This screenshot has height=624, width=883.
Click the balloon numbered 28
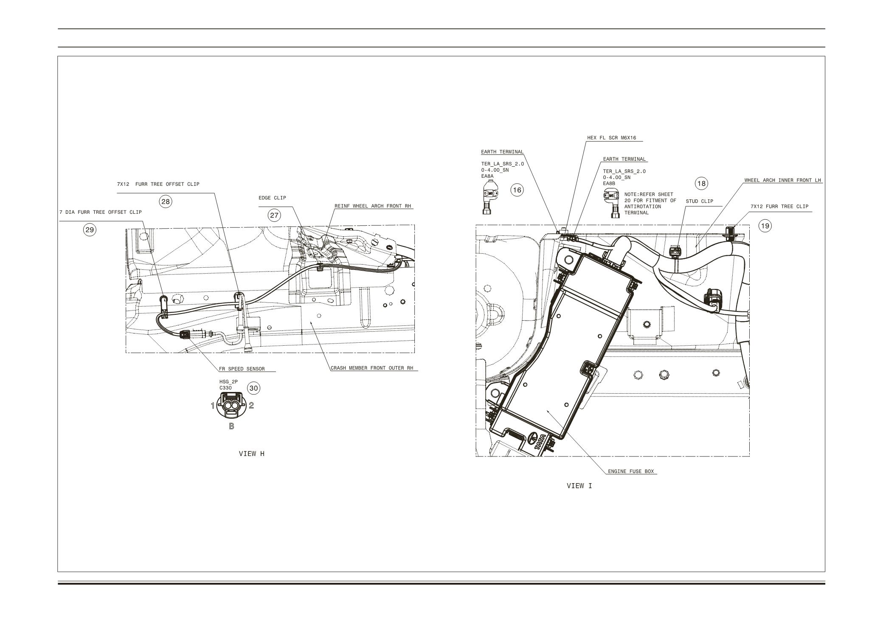point(166,201)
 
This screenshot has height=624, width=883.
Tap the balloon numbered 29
point(90,230)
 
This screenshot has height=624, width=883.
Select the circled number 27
point(274,215)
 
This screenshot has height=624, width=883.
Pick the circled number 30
point(253,388)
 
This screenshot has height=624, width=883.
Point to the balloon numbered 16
point(517,190)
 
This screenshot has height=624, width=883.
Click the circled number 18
point(701,183)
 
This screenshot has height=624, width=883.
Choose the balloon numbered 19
point(765,226)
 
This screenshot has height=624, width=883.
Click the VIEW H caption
point(252,454)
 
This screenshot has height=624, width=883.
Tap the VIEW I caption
point(579,486)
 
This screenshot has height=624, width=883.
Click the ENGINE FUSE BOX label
point(631,471)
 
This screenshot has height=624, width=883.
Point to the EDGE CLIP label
point(272,198)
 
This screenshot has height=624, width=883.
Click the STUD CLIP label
point(700,201)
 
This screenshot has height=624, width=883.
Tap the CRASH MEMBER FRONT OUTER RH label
point(372,368)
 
